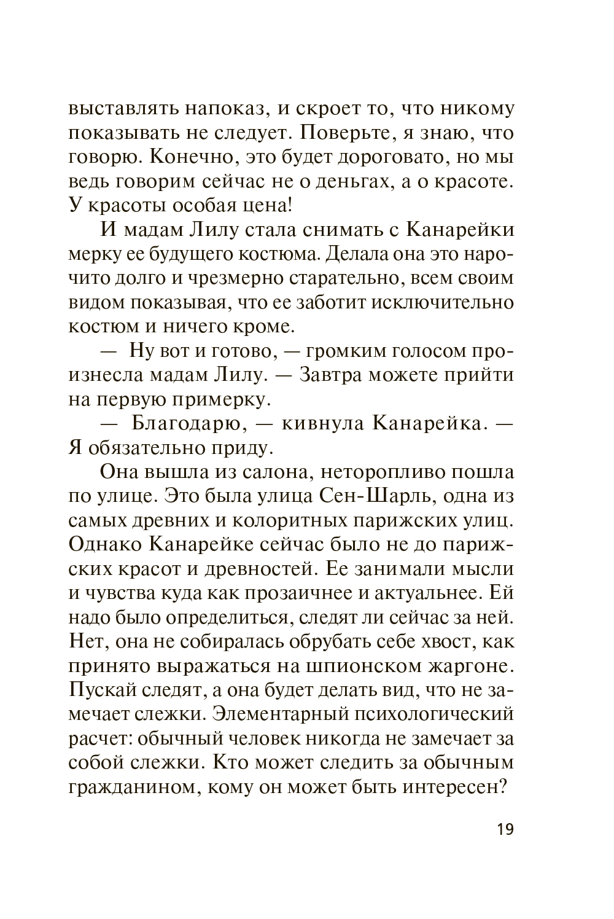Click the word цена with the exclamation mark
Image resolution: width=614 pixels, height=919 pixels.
point(276,205)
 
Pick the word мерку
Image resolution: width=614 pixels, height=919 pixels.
point(95,254)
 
